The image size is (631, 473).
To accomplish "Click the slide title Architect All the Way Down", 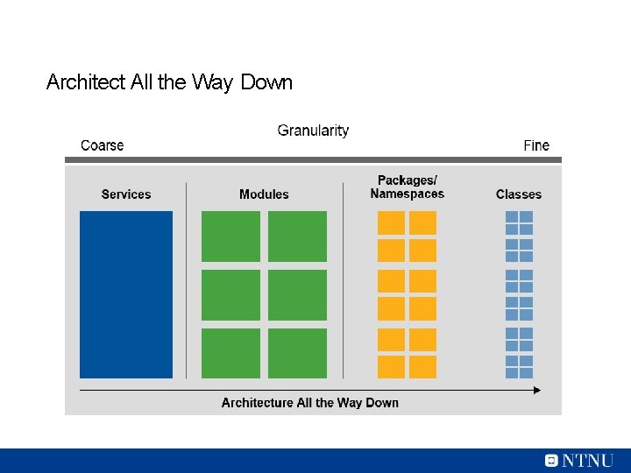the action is coord(169,82).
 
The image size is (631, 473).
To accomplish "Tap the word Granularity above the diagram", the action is coord(313,131).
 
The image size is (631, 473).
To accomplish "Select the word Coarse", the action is coord(102,145).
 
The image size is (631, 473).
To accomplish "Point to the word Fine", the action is coord(536,145).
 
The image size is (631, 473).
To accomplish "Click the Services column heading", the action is coord(126,194).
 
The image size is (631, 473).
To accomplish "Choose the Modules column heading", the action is coord(264,194).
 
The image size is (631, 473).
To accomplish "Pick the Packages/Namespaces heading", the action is coord(407,187).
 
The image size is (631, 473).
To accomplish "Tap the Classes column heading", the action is coord(519,194).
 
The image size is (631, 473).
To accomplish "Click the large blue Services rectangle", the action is coord(126,294).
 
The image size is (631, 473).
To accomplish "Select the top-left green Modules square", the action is coord(230,236).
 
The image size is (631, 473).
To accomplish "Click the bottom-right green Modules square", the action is coord(297,353).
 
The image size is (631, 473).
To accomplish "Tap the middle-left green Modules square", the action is coord(230,295).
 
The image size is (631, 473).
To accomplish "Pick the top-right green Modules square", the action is coord(297,236).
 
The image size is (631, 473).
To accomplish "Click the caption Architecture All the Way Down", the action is coord(310,403).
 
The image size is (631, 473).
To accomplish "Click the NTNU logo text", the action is coord(587,461).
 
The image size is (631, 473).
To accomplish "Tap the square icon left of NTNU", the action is coord(550,461).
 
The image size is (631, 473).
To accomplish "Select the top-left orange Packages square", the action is coord(391,222).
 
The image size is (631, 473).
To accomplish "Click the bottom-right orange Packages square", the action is coord(422,367).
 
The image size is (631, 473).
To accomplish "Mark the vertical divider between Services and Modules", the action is coord(186,280).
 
